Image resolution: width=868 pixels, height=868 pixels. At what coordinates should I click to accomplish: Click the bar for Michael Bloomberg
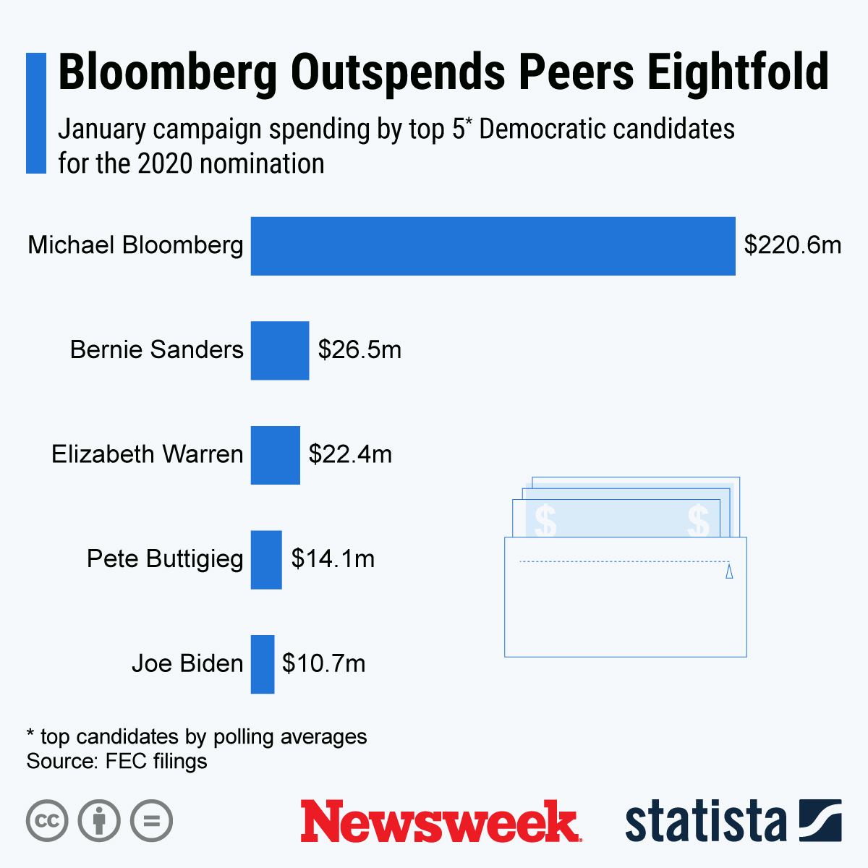pyautogui.click(x=493, y=246)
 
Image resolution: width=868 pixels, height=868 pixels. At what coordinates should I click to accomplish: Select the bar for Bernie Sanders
pyautogui.click(x=280, y=351)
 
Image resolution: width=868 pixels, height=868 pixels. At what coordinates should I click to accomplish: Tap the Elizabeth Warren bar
pyautogui.click(x=275, y=455)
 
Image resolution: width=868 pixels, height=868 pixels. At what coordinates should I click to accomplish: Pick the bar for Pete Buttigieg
pyautogui.click(x=266, y=560)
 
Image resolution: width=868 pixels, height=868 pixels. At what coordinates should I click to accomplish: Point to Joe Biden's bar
pyautogui.click(x=263, y=664)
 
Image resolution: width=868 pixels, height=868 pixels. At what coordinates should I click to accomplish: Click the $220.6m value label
pyautogui.click(x=793, y=245)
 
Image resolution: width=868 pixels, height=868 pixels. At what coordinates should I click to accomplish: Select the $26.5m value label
pyautogui.click(x=359, y=350)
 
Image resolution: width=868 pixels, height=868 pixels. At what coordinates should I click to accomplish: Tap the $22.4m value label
pyautogui.click(x=350, y=454)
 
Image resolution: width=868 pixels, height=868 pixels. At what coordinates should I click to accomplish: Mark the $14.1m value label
pyautogui.click(x=333, y=559)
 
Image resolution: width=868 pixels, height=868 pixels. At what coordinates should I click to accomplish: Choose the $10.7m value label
pyautogui.click(x=323, y=663)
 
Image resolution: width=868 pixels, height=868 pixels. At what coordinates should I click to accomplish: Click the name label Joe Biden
pyautogui.click(x=187, y=663)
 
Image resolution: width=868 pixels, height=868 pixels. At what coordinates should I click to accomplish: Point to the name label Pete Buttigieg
pyautogui.click(x=165, y=559)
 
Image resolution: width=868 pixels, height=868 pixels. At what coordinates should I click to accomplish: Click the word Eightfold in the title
pyautogui.click(x=738, y=72)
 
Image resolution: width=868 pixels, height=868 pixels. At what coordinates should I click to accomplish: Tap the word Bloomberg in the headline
pyautogui.click(x=168, y=72)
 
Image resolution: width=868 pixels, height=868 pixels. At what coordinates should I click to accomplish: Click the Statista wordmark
pyautogui.click(x=705, y=821)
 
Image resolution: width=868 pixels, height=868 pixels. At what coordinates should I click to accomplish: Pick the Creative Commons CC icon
pyautogui.click(x=47, y=821)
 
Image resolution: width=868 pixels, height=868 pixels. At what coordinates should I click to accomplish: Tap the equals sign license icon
pyautogui.click(x=152, y=821)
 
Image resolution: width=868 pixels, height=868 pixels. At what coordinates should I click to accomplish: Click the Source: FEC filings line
pyautogui.click(x=116, y=761)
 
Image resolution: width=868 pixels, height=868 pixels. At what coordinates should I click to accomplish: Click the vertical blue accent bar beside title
pyautogui.click(x=36, y=113)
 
